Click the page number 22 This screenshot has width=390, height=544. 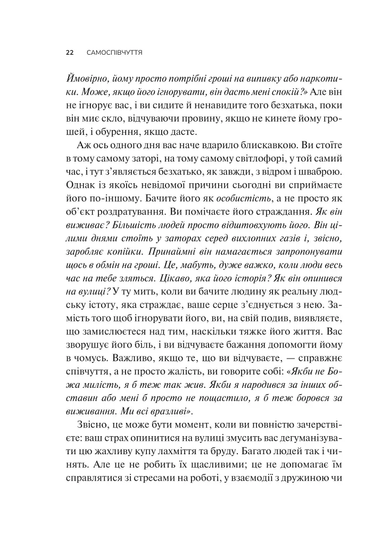tap(69, 53)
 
